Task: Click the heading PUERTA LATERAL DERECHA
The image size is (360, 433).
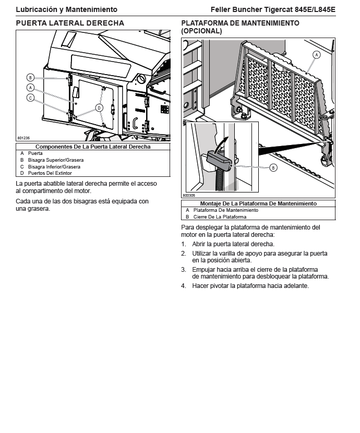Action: (70, 23)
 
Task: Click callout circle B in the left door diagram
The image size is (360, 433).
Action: (31, 77)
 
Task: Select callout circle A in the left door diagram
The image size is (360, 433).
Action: (31, 88)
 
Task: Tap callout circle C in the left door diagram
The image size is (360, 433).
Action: (31, 98)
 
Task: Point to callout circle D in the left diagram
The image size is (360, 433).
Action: (99, 107)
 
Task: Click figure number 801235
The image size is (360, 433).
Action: (23, 138)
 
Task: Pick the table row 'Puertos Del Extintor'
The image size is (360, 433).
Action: (50, 173)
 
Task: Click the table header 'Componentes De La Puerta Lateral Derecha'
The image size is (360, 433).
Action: (93, 147)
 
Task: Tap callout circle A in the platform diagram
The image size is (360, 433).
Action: (316, 55)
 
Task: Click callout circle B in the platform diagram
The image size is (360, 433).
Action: (273, 168)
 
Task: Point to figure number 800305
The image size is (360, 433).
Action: (189, 195)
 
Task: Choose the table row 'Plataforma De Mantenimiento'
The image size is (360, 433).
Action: (225, 210)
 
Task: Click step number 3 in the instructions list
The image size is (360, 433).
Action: (184, 270)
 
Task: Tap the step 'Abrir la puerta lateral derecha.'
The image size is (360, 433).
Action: (233, 244)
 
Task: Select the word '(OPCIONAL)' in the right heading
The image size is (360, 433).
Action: (201, 31)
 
